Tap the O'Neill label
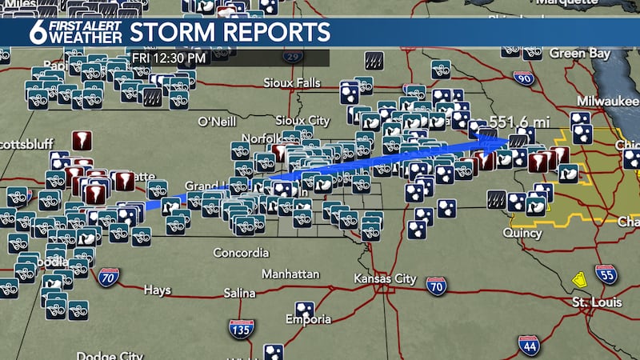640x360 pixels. click(216, 122)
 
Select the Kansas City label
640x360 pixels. click(385, 278)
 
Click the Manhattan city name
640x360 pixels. click(290, 274)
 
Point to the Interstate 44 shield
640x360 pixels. click(528, 345)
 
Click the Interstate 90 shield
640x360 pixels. click(523, 78)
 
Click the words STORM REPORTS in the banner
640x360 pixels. click(230, 33)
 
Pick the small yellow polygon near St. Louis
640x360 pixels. click(578, 281)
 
